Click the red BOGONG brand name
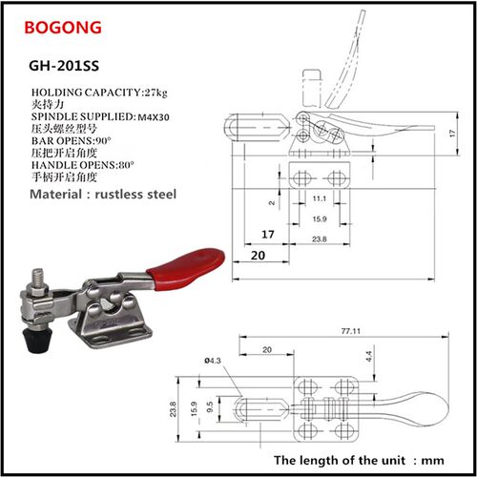click(63, 28)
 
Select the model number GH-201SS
click(64, 66)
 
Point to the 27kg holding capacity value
click(156, 93)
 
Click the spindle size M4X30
click(154, 117)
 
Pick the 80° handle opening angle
click(126, 165)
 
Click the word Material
click(56, 194)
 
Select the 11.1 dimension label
click(320, 198)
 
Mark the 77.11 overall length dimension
click(351, 331)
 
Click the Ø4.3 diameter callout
click(213, 361)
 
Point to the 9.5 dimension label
click(210, 407)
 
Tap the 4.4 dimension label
click(369, 357)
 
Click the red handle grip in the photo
click(186, 268)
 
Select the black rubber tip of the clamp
click(38, 341)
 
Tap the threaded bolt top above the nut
click(38, 277)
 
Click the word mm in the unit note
click(432, 461)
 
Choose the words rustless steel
click(135, 194)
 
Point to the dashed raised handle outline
click(346, 60)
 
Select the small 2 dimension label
click(272, 203)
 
